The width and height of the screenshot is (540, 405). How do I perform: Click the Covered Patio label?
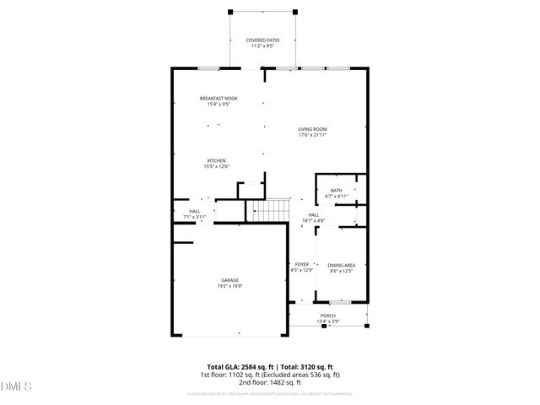(262, 40)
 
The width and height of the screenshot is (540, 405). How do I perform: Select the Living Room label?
(312, 129)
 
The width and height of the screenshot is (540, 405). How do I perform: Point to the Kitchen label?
(216, 160)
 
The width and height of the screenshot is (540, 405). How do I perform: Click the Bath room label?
(337, 191)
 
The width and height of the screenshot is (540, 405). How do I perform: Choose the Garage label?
(230, 280)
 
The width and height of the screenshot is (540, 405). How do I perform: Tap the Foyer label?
(302, 265)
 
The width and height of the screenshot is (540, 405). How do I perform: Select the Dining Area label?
(341, 265)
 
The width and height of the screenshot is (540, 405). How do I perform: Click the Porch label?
(327, 316)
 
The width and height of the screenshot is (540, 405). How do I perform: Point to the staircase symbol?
(270, 210)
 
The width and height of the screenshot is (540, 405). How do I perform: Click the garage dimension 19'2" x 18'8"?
(230, 286)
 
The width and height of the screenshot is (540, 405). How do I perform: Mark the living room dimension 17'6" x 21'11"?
(312, 135)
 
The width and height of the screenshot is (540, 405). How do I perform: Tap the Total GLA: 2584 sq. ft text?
(229, 367)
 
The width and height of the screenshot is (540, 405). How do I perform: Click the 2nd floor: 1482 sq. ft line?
(269, 381)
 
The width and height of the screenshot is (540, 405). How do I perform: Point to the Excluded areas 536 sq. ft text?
(300, 375)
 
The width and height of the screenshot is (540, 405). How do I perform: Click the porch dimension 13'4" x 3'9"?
(327, 321)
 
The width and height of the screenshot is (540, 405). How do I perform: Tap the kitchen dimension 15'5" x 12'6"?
(216, 167)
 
